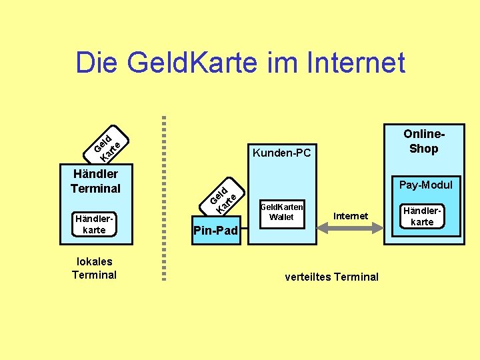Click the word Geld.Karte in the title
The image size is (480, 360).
pos(192,63)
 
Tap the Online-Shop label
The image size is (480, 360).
pos(423,141)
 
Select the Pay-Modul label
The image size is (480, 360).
pos(425,185)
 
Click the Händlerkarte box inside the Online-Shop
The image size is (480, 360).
pos(422,216)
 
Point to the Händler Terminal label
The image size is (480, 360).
pos(95,181)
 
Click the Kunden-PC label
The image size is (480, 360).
pos(281,153)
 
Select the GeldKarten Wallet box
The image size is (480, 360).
pos(281,212)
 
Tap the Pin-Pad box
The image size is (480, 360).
pos(215,231)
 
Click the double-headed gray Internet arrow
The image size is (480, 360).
pos(350,228)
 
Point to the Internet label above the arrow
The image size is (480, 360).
pos(351,215)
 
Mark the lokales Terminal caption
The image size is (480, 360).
pos(94,268)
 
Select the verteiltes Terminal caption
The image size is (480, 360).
pos(331,277)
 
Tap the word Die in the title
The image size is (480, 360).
pos(97,63)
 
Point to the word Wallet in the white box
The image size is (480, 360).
pos(281,217)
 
